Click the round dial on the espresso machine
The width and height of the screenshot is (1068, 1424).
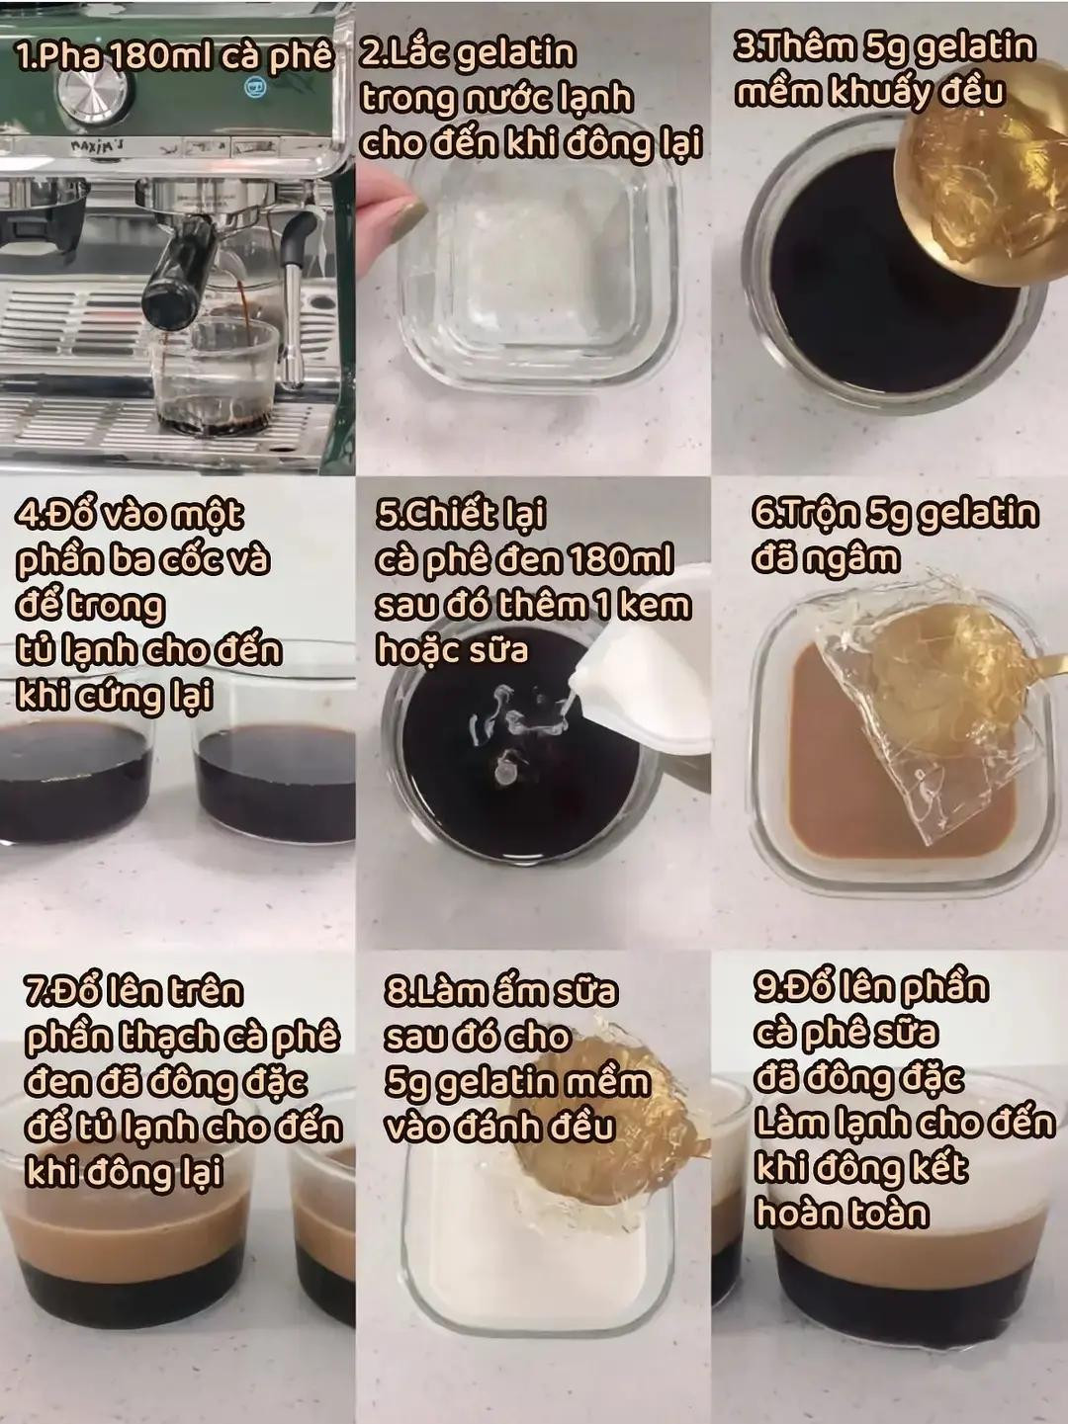[97, 96]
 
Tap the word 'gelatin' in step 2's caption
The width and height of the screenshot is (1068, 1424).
[515, 53]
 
